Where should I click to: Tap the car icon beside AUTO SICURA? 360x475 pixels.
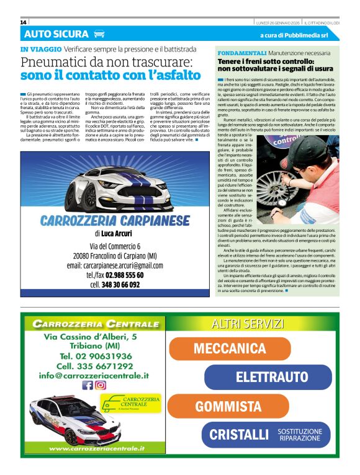99,34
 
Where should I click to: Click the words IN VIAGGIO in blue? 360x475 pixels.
40,48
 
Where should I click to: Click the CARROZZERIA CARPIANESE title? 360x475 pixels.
112,220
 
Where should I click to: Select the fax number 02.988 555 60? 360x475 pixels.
124,275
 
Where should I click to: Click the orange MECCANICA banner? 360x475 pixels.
230,349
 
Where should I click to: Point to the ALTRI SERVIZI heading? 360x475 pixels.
248,324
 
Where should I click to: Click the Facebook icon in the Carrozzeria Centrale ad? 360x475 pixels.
88,385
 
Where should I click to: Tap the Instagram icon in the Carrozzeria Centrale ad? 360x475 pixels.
101,385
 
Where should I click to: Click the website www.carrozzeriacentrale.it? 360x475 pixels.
96,448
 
